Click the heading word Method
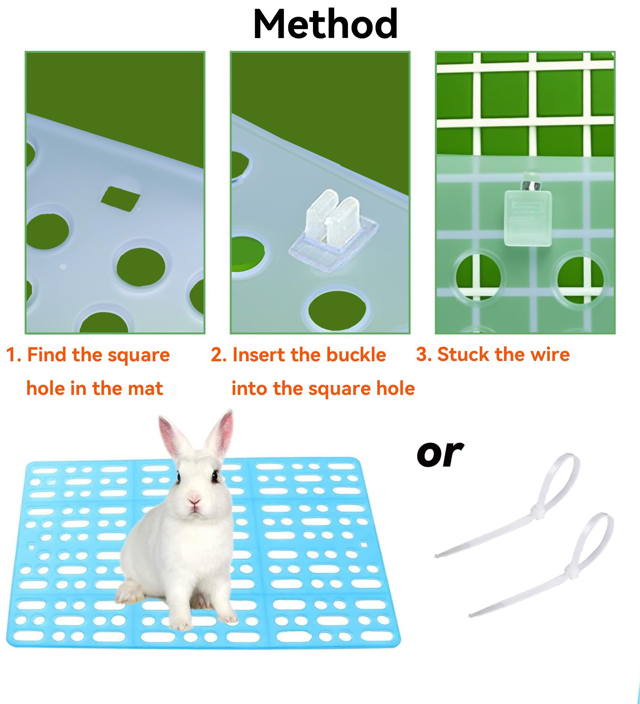pyautogui.click(x=325, y=24)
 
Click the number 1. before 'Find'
pyautogui.click(x=14, y=355)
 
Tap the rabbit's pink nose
pyautogui.click(x=194, y=502)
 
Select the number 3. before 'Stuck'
pyautogui.click(x=424, y=355)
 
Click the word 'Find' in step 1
pyautogui.click(x=47, y=355)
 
